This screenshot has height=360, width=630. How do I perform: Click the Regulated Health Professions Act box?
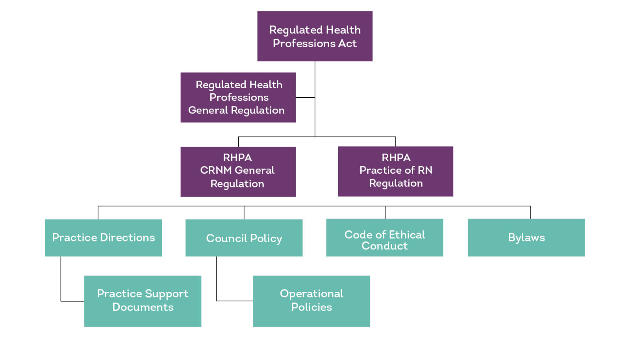pos(315,36)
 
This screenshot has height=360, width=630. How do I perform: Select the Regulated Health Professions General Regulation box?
pos(238,97)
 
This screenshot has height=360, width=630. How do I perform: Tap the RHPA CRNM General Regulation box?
pos(238,172)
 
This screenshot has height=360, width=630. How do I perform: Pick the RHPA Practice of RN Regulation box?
pos(395,171)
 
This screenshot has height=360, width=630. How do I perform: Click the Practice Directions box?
pos(103,238)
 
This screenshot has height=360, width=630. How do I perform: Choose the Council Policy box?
pos(244,238)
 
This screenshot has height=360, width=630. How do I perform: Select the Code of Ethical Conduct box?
pos(384,238)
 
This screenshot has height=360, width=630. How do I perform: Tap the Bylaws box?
pos(526,238)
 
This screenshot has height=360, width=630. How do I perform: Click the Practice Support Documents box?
pos(143,301)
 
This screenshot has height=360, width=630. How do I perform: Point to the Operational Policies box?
pos(311,301)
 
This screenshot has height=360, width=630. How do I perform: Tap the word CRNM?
pos(215,170)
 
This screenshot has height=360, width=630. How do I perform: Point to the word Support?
pos(167,294)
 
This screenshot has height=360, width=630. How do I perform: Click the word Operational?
pos(311,294)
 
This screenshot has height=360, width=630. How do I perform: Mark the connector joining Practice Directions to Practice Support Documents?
pos(61,284)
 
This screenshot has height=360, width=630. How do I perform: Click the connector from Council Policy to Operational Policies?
pos(217,284)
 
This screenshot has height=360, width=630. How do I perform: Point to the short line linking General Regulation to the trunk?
pos(305,97)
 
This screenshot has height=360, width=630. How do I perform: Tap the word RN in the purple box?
pos(425,170)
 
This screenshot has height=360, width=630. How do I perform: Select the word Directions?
pos(127,238)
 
